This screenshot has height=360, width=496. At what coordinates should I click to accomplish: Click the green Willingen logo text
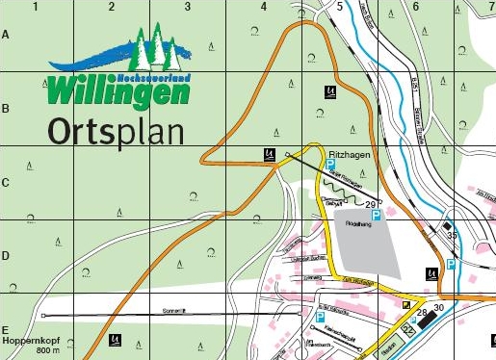click(x=118, y=91)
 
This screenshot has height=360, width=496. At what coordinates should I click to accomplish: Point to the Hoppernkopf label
click(x=27, y=341)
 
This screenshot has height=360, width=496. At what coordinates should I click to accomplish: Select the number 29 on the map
click(x=371, y=204)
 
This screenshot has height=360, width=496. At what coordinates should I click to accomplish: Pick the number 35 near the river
click(x=452, y=234)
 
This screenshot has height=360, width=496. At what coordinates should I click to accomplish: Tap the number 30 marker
click(x=438, y=307)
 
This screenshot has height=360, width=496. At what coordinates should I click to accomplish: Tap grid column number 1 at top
click(x=35, y=7)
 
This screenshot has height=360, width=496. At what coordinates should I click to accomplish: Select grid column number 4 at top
click(x=263, y=7)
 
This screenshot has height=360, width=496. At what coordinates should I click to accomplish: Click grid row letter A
click(x=6, y=35)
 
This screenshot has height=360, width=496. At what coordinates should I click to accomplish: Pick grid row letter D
click(x=6, y=257)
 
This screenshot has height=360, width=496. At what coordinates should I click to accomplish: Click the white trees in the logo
click(x=154, y=43)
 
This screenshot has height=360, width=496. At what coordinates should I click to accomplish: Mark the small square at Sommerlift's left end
click(x=44, y=316)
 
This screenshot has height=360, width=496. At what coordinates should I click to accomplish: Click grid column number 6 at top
click(x=415, y=7)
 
